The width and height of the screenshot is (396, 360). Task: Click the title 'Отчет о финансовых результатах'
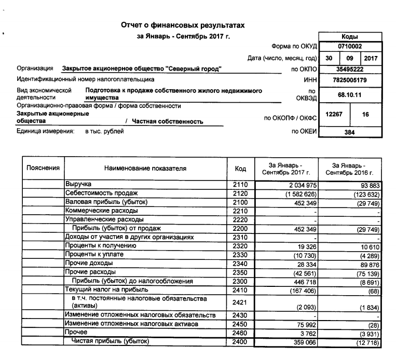(182, 25)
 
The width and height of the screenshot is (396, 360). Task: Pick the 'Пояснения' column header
(43, 168)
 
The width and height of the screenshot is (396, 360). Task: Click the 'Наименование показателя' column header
(145, 168)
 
